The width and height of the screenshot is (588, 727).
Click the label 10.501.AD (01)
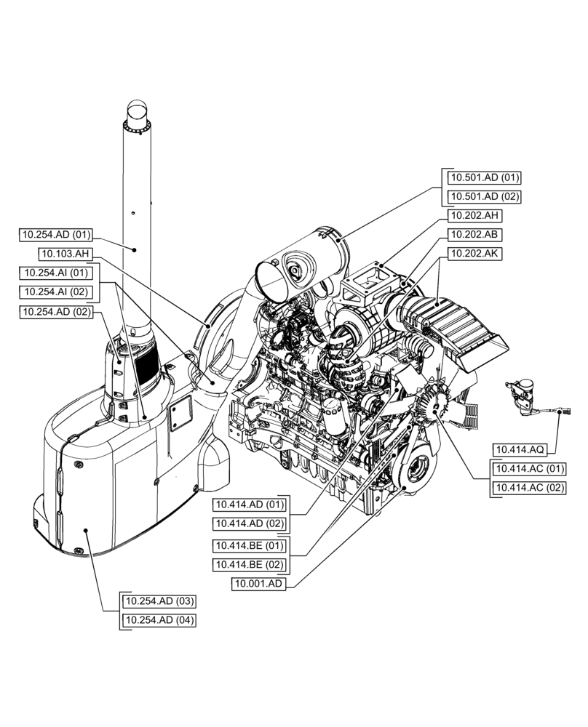coord(483,177)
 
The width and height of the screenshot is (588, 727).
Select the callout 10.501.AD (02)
coord(483,197)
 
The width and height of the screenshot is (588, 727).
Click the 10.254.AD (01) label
coord(56,235)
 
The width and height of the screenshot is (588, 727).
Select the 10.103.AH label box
coord(65,254)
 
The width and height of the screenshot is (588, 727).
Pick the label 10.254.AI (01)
coord(56,273)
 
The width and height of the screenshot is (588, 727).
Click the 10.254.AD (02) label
coord(56,311)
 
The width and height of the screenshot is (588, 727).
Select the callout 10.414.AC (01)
coord(529,468)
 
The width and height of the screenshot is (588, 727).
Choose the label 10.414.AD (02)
coord(249,523)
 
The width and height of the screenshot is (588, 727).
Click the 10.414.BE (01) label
coord(249,545)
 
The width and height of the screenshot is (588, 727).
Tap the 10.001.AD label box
coord(259,584)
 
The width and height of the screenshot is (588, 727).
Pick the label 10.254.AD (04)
coord(159,620)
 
